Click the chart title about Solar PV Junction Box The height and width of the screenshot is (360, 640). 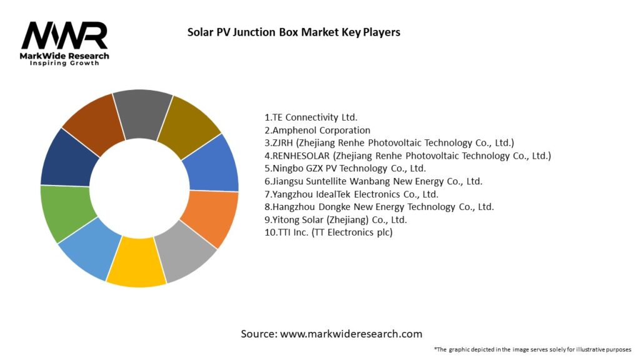[294, 32]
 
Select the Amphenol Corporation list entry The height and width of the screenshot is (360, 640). [317, 130]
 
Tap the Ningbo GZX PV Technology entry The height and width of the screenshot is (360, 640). [346, 169]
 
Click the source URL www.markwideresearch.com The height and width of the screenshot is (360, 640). [351, 334]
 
